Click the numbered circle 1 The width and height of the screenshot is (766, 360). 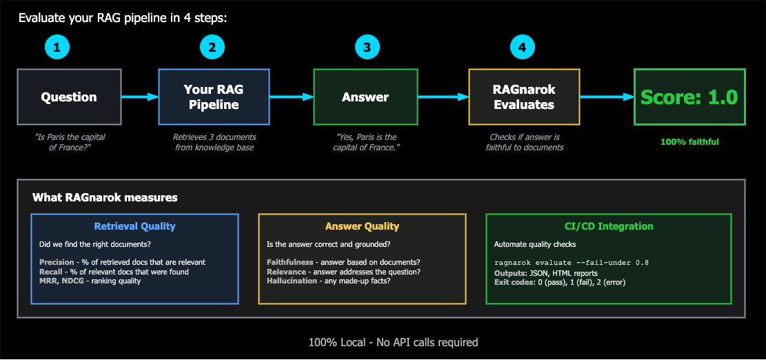(x=57, y=47)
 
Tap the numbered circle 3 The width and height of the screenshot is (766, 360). (x=367, y=47)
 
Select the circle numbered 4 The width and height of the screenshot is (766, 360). (x=522, y=47)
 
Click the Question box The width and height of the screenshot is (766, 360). (x=69, y=97)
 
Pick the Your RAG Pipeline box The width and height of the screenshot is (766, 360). (x=214, y=97)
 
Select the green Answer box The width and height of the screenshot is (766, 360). (x=365, y=97)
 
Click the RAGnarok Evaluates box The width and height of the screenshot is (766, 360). (x=524, y=97)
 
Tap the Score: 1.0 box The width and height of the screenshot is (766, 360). (x=689, y=97)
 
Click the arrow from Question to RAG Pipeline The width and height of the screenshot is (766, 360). (x=140, y=97)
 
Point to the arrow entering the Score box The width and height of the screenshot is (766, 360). (x=607, y=97)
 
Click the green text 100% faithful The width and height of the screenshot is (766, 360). (x=689, y=142)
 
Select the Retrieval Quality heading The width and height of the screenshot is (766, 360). (x=134, y=226)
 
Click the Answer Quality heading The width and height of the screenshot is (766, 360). (x=362, y=226)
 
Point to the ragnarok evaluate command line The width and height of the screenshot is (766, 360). (x=572, y=262)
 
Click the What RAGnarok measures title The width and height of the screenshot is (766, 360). (x=105, y=198)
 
